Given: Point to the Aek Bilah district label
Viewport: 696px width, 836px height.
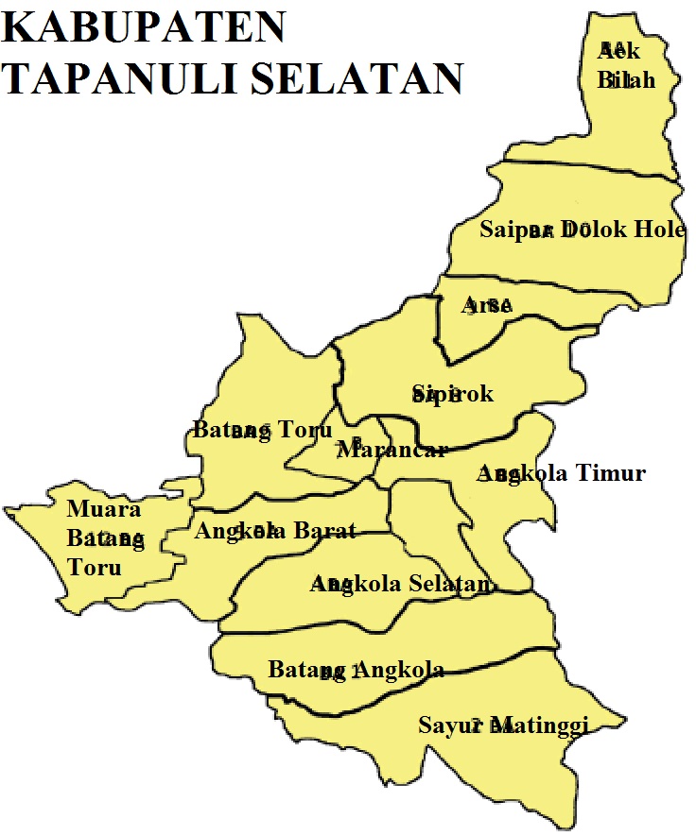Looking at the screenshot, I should point(625,65).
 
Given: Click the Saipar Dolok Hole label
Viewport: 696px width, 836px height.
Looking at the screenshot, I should point(582,229).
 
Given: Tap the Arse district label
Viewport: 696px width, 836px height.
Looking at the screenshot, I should point(486,305).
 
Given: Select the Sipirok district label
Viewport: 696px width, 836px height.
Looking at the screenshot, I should point(452,394).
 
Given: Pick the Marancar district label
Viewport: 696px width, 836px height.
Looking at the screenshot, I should point(391,449).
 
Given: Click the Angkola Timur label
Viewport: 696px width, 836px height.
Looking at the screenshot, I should point(562,473).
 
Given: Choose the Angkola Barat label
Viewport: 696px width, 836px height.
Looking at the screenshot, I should point(275,531).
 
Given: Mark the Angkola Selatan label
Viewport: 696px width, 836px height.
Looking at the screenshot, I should point(402,585).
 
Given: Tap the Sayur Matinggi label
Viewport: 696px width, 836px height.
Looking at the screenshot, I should point(503,725).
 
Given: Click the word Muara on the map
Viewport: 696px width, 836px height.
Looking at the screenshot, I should point(103,510).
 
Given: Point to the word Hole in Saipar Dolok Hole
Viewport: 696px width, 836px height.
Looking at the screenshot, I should point(659,229).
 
